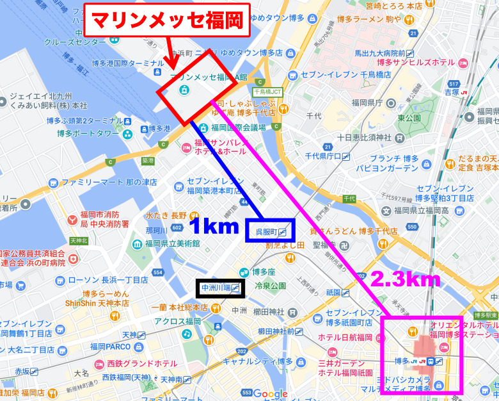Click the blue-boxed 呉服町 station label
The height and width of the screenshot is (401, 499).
tap(270, 229)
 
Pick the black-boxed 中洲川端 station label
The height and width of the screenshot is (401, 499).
tap(220, 288)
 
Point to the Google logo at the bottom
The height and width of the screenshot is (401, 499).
tap(271, 393)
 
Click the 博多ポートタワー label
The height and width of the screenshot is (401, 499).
tap(88, 133)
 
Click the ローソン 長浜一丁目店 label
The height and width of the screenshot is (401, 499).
tap(99, 280)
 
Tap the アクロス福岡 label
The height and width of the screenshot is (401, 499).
tap(177, 322)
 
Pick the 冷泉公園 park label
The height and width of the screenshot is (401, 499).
tap(270, 286)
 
